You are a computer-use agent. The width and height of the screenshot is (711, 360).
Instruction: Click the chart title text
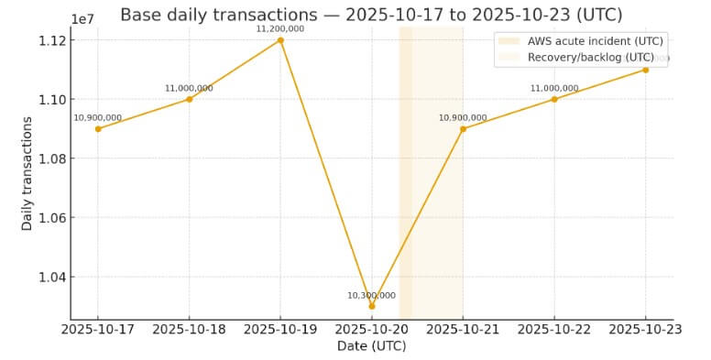(x=371, y=15)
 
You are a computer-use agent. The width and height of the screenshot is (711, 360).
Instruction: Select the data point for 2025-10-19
(x=280, y=40)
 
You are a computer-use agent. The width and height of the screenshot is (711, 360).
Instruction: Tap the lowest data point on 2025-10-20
(x=372, y=305)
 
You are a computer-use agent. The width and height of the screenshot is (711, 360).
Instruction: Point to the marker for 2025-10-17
(x=98, y=128)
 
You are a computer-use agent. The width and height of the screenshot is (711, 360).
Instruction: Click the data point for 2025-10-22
(x=554, y=99)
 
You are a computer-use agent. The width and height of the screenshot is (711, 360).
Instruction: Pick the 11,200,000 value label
(x=280, y=28)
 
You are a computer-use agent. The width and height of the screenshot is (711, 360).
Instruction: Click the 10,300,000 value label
(x=371, y=295)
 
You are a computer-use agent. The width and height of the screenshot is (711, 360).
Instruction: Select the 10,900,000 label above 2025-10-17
(x=98, y=117)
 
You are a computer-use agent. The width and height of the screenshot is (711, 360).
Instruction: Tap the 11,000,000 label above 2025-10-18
(x=190, y=88)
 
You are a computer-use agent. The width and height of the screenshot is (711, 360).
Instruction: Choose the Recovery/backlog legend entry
(x=590, y=57)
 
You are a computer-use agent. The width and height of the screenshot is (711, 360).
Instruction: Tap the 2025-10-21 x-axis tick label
(x=463, y=329)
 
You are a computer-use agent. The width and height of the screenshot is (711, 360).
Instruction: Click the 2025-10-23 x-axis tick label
(x=645, y=329)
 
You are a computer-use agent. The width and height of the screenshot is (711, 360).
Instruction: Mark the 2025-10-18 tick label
(x=190, y=329)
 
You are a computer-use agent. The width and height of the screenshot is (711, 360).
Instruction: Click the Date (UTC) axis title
(x=371, y=345)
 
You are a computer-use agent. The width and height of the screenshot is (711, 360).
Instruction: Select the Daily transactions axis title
(x=27, y=174)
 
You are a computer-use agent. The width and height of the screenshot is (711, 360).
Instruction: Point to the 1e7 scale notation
(x=82, y=18)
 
